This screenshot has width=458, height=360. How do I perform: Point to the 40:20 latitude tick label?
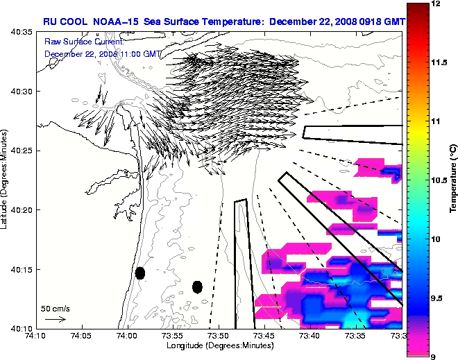22,209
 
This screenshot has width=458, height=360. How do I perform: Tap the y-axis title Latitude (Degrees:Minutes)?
6,180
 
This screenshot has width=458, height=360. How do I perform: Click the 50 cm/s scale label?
55,308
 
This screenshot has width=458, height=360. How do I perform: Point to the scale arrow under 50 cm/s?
55,319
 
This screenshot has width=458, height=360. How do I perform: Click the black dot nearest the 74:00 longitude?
140,273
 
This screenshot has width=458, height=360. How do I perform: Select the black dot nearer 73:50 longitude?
197,286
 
